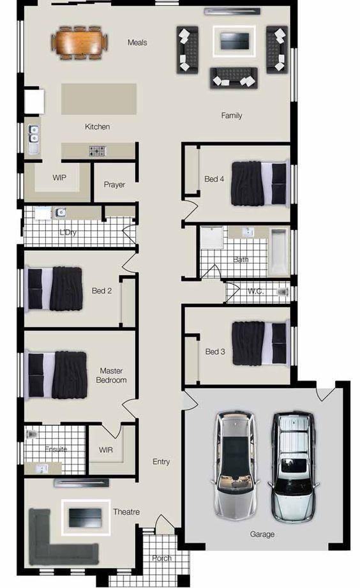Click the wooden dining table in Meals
(80, 42)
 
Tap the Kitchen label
(98, 127)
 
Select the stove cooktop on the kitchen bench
(98, 151)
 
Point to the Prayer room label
(114, 185)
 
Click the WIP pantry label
(59, 177)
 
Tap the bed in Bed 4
(260, 183)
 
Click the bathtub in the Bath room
(279, 252)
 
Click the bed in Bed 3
(260, 343)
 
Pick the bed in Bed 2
(54, 289)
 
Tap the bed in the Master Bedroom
(56, 375)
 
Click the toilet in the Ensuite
(32, 434)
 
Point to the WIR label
(106, 449)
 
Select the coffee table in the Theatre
(86, 518)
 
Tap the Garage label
(262, 534)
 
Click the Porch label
(161, 558)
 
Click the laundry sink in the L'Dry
(60, 213)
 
